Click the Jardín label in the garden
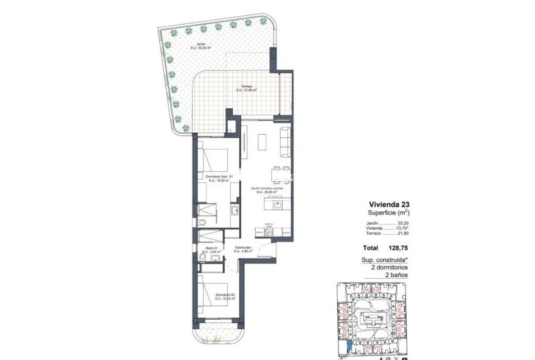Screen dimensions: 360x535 [201, 45]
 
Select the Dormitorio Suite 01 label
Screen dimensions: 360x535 [220, 178]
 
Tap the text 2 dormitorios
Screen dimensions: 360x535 [391, 267]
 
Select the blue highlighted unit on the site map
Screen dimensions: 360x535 [349, 345]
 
